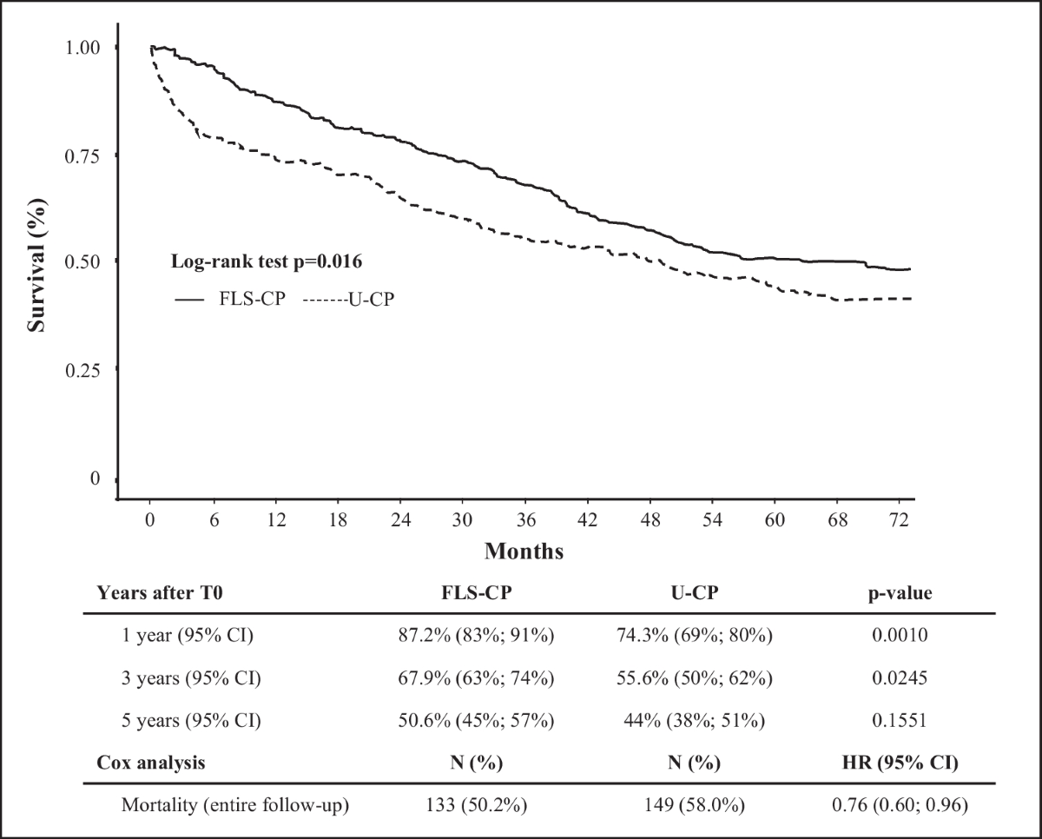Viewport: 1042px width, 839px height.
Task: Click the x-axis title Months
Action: [x=524, y=552]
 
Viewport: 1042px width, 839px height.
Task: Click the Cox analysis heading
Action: [x=151, y=763]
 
